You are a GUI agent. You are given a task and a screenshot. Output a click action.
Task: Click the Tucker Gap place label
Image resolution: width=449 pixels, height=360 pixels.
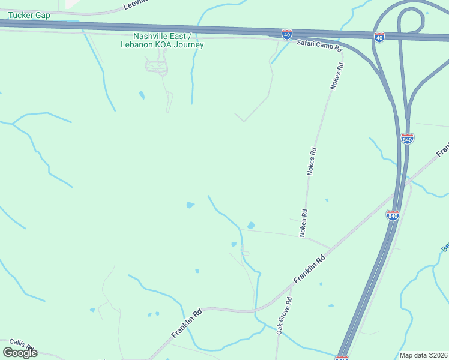pos(29,15)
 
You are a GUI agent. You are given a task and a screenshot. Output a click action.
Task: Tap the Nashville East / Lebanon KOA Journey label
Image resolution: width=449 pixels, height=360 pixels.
pos(162,40)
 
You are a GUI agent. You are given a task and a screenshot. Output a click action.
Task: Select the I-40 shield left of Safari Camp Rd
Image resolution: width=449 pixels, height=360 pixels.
pos(288,34)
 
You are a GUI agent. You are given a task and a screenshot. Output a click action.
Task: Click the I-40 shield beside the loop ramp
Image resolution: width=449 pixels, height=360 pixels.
pos(379,37)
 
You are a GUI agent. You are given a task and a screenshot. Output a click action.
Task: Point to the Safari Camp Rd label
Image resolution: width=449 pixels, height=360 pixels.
pos(319,46)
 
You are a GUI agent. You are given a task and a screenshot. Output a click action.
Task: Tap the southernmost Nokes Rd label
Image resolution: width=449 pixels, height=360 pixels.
pos(304,222)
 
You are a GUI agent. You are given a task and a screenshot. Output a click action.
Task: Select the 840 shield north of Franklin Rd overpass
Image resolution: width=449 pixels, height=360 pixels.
pos(407,139)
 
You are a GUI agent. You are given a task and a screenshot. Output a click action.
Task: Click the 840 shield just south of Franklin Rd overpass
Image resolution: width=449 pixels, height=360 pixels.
pos(393,215)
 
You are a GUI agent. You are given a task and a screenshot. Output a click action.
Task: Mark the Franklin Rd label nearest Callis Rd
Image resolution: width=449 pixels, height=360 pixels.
pos(187,322)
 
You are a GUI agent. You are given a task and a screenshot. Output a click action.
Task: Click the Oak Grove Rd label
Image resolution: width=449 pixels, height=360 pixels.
pos(284,316)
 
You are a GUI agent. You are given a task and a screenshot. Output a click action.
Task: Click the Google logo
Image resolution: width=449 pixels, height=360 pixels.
pos(20,353)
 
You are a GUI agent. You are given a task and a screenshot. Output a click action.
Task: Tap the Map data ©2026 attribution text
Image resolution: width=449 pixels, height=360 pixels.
pos(424,355)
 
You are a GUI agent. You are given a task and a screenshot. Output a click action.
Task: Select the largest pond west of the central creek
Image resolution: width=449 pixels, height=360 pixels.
pos(190,205)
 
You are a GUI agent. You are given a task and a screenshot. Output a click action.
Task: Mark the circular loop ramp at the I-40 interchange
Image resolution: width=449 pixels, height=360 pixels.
pos(411,21)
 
